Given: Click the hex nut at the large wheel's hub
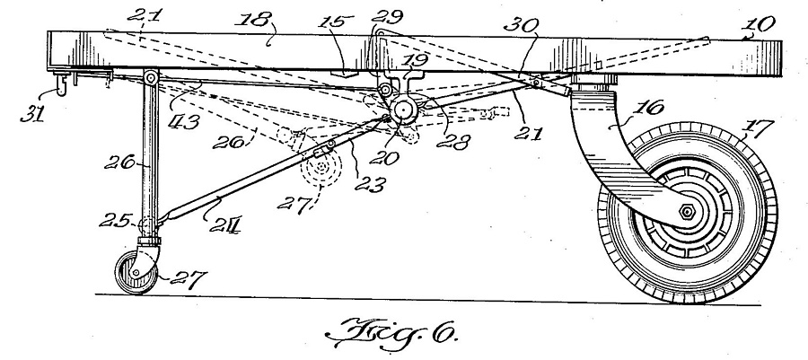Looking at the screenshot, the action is [687, 211].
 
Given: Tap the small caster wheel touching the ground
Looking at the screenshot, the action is [135, 272].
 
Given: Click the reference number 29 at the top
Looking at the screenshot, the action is [387, 16].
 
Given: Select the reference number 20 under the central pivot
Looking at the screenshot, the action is [383, 158].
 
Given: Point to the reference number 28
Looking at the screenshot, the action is [453, 142].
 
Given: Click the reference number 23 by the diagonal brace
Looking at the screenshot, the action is [370, 184].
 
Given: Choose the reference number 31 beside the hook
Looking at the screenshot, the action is [33, 113].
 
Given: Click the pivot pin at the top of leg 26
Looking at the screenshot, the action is [151, 78].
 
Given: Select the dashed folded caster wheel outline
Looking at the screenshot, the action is [321, 167].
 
